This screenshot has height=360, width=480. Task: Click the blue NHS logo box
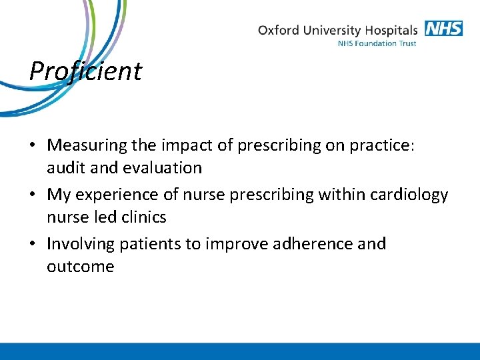(443, 29)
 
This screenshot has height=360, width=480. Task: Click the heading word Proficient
(85, 71)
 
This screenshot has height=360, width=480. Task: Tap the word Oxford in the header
(279, 31)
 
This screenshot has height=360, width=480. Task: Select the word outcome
(81, 267)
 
